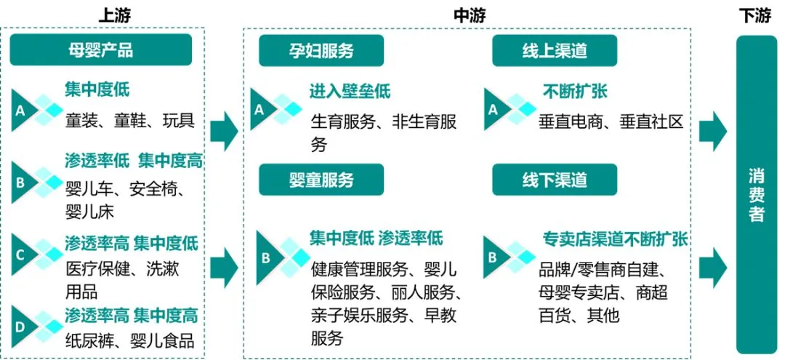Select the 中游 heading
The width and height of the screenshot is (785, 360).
tap(469, 15)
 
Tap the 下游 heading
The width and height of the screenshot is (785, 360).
tap(754, 15)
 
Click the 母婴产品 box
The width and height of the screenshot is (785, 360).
tap(101, 50)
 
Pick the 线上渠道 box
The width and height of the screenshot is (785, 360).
tap(555, 50)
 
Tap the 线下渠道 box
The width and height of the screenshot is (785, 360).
tap(555, 179)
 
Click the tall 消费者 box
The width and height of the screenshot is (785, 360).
tap(757, 195)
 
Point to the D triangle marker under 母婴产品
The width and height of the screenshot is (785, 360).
tap(23, 327)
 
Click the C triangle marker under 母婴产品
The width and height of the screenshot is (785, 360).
tap(23, 254)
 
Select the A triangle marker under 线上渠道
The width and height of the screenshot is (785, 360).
tap(494, 110)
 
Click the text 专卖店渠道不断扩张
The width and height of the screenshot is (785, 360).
tap(616, 239)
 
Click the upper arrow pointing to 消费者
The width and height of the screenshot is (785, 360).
tap(712, 132)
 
